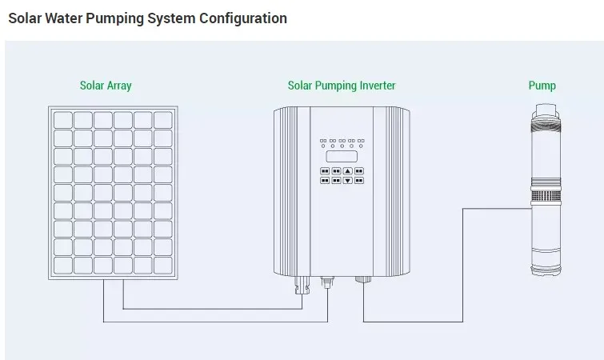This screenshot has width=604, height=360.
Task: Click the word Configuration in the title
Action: coord(243,18)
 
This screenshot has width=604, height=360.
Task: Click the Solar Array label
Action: coord(106,86)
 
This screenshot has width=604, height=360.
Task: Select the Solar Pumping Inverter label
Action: coord(342,86)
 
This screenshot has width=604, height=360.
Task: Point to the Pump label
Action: coord(542,86)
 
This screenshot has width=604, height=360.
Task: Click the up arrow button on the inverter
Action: coord(347,171)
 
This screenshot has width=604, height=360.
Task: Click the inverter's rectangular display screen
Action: coord(342,156)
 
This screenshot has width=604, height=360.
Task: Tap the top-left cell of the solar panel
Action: coord(63,120)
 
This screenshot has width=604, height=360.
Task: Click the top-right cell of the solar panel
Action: coord(163,120)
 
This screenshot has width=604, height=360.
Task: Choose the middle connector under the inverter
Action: coord(326,282)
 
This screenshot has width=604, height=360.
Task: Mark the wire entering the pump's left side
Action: coord(496,208)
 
